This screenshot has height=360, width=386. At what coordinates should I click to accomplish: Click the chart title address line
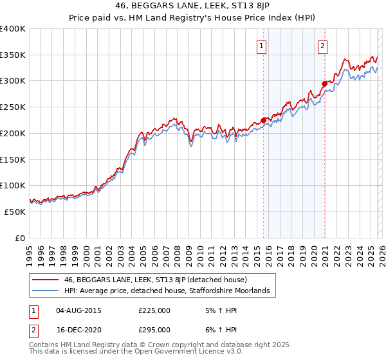(193, 7)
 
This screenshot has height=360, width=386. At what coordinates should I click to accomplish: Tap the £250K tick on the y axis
(13, 107)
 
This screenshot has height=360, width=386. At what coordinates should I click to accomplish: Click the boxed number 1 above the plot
(262, 45)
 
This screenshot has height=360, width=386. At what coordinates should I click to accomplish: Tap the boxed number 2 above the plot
(322, 45)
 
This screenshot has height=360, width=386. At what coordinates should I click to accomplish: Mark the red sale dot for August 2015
(264, 120)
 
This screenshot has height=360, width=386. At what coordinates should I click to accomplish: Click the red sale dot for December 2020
(324, 83)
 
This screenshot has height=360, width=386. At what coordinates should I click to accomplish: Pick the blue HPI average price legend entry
(170, 291)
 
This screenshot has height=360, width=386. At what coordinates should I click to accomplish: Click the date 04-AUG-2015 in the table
(78, 310)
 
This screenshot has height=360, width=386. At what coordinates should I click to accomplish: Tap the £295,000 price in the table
(154, 329)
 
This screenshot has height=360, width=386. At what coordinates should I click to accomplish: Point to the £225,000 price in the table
(154, 310)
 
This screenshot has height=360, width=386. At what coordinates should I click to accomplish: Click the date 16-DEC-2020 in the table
(78, 329)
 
